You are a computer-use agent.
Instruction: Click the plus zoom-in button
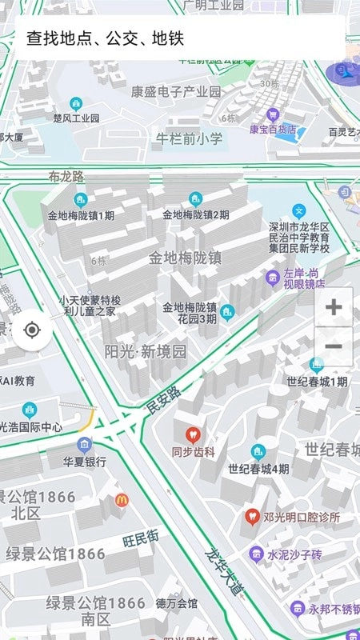point(334,306)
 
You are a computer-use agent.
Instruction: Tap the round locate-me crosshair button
point(33,330)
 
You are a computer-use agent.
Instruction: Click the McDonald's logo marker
point(122,500)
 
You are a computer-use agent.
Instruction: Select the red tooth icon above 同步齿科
point(192,435)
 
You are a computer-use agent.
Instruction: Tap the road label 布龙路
point(66,177)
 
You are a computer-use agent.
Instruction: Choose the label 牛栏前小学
point(189,139)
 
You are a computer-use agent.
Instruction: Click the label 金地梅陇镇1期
point(81,215)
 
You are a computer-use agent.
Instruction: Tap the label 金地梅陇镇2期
point(195,214)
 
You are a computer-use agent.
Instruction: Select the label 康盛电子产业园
point(176,91)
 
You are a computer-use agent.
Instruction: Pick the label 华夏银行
point(85,462)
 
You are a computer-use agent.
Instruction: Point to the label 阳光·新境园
point(146,351)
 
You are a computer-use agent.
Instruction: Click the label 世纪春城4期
point(258,469)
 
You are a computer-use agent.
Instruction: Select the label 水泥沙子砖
point(294,554)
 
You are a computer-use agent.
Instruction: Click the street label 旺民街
point(141,540)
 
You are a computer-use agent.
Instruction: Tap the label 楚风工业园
point(76,118)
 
